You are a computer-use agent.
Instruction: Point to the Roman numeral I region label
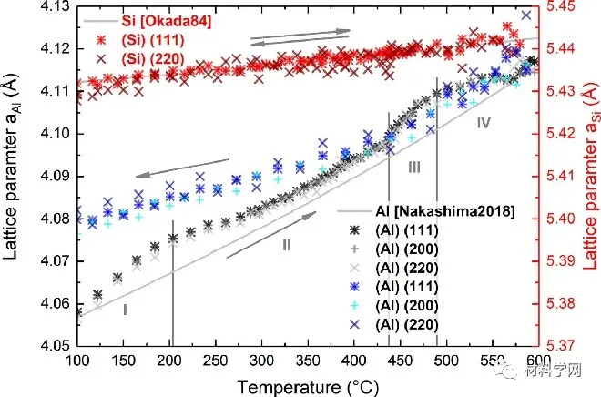click(124, 310)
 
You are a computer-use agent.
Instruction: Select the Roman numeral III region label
click(413, 168)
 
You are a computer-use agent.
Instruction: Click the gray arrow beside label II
click(272, 233)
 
